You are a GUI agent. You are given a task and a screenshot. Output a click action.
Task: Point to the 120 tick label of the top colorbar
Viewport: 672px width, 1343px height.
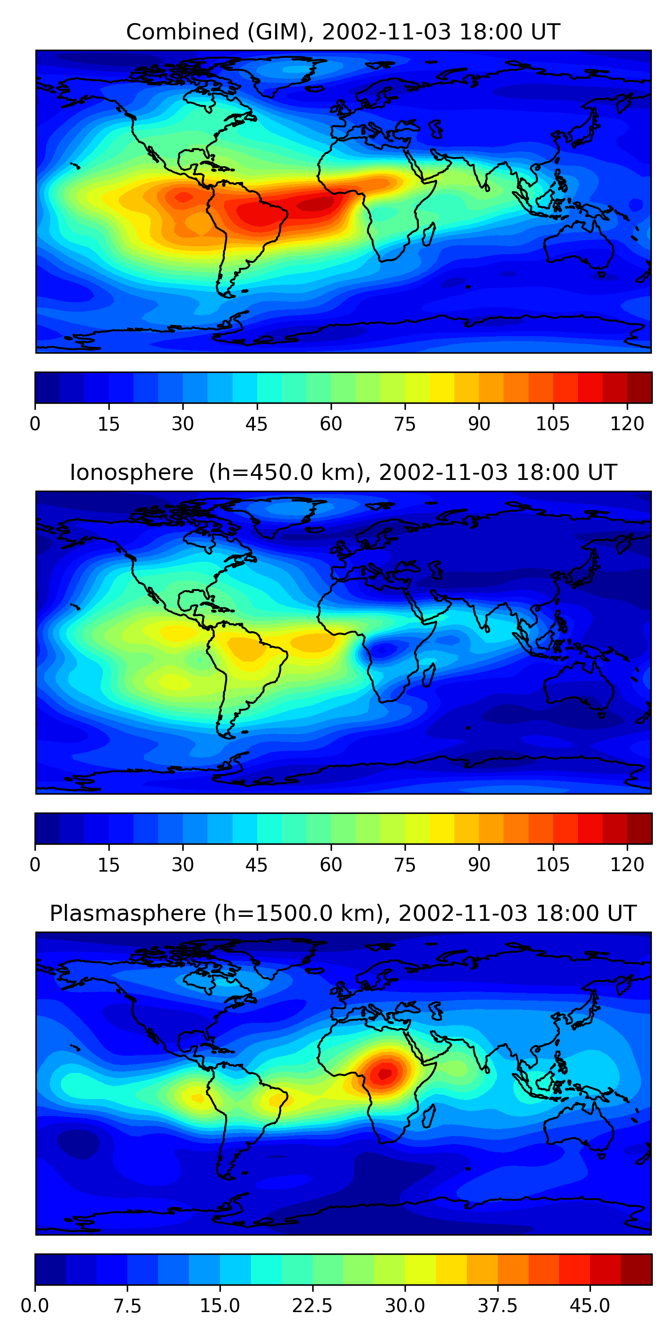click(627, 424)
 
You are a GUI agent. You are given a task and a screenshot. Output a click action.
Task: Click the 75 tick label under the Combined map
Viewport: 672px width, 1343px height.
click(405, 424)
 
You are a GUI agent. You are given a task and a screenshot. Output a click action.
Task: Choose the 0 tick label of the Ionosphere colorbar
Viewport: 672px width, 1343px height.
click(35, 865)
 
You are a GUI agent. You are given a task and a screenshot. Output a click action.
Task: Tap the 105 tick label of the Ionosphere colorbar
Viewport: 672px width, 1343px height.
click(552, 865)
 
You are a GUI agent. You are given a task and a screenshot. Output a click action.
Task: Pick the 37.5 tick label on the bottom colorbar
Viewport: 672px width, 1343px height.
click(497, 1306)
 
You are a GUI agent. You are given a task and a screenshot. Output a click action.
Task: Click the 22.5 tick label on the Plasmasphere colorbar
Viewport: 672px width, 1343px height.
click(312, 1306)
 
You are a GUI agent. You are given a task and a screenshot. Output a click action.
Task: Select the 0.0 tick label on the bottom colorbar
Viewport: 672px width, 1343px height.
click(35, 1306)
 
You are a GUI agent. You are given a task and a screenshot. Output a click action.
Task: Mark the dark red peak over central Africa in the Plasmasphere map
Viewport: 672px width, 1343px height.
click(384, 1074)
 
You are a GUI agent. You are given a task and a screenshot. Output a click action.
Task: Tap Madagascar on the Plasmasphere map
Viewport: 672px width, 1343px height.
click(428, 1116)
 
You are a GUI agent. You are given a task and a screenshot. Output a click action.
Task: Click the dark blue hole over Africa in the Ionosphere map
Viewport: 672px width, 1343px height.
click(385, 649)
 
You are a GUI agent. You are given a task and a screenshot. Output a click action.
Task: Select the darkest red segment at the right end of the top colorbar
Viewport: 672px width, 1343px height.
click(639, 387)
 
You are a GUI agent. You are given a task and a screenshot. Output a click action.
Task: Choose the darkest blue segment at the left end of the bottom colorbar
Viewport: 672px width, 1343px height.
click(50, 1270)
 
